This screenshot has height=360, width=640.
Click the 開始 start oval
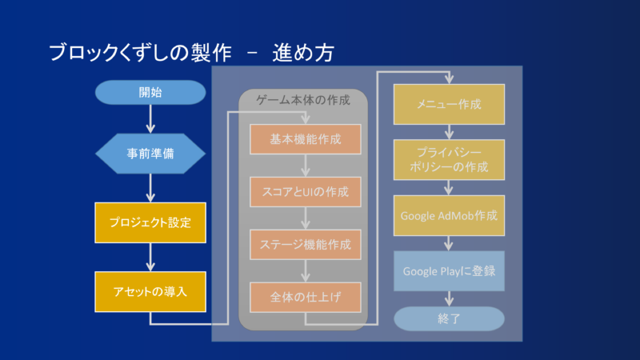[150, 92]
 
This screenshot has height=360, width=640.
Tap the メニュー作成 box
[449, 104]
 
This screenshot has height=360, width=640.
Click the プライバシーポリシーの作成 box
[449, 159]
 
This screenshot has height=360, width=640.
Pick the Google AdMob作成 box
[449, 215]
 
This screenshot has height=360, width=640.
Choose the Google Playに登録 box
[449, 270]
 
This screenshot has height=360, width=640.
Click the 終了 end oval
[449, 318]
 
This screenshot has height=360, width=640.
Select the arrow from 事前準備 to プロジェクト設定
[150, 189]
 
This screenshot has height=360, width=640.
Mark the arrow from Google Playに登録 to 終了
[449, 298]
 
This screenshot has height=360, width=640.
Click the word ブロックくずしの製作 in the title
[140, 53]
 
